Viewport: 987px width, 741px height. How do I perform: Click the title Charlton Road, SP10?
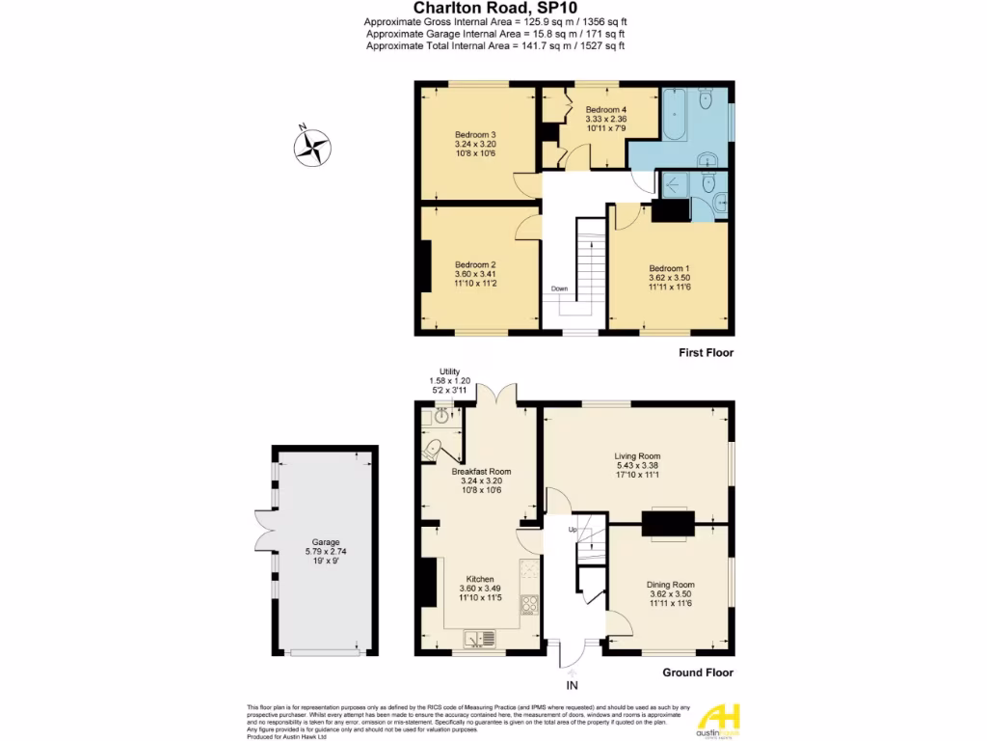pos(494,7)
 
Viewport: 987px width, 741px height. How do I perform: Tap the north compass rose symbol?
pos(311,147)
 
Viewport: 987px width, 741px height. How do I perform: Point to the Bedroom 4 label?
pos(606,109)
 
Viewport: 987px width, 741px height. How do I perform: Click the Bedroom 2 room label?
pos(475,264)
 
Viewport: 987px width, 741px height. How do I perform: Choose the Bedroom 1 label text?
pos(670,268)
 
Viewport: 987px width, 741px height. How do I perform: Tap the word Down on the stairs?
pos(560,288)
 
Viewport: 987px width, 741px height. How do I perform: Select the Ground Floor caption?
pos(699,673)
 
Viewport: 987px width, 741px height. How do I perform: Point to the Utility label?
pos(449,371)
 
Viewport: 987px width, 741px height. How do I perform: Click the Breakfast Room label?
pos(481,472)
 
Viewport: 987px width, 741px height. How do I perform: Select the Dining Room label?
pos(670,585)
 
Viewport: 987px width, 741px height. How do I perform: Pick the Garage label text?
pos(325,543)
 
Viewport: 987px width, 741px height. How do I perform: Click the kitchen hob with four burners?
pos(529,605)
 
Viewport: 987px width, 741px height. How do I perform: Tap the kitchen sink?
pos(479,638)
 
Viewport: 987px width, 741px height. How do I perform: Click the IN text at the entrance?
pos(572,686)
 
